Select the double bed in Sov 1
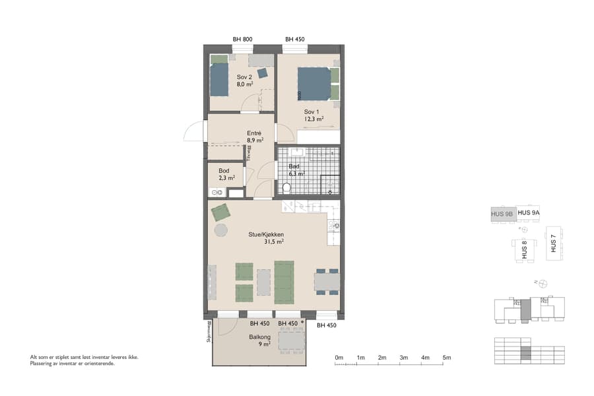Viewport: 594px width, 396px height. (313, 83)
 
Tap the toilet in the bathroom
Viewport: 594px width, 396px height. (286, 188)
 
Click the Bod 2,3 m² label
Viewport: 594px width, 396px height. (224, 174)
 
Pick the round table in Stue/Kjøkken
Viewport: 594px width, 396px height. (220, 230)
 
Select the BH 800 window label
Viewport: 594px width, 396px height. (242, 40)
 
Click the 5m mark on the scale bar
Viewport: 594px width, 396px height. (447, 357)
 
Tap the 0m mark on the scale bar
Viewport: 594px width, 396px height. (339, 357)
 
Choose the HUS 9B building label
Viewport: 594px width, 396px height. (502, 213)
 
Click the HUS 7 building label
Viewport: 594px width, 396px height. (553, 244)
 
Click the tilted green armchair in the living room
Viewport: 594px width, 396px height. (220, 213)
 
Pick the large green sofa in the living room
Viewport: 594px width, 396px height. (284, 281)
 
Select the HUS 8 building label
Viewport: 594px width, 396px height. (524, 249)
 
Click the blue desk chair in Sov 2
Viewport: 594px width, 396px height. (263, 73)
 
